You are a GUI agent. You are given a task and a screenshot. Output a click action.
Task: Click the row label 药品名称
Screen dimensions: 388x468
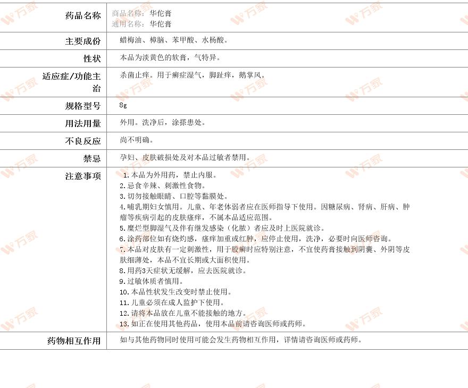[82, 16]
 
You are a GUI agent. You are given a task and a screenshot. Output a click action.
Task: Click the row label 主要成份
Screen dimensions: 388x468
[82, 41]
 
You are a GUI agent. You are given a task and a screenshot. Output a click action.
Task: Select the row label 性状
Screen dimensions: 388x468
[91, 58]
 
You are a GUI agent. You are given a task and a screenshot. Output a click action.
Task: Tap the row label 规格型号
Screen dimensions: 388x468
[82, 106]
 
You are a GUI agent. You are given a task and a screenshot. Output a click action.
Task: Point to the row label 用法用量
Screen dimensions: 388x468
[82, 124]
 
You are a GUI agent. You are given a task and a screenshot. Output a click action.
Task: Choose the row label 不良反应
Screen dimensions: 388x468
[82, 141]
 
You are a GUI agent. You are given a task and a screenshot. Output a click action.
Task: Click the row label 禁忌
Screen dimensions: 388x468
[91, 159]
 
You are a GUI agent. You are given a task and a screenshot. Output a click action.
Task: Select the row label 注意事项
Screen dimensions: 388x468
[82, 176]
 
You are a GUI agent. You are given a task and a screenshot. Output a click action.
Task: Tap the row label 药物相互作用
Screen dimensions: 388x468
[74, 341]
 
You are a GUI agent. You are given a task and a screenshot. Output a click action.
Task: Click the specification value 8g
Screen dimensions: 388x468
[123, 105]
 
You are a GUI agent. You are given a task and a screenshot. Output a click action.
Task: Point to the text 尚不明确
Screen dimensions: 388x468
[137, 140]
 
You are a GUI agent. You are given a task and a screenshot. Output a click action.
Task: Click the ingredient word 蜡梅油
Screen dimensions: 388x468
[130, 40]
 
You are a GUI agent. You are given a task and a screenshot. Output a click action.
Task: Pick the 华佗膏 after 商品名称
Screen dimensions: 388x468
[160, 13]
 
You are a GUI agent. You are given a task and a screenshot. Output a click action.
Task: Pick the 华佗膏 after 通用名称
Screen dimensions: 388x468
[160, 24]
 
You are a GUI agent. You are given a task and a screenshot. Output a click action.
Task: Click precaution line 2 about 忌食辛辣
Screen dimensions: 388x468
[162, 185]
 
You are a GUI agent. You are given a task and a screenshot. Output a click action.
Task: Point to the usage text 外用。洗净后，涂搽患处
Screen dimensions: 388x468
[162, 122]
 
